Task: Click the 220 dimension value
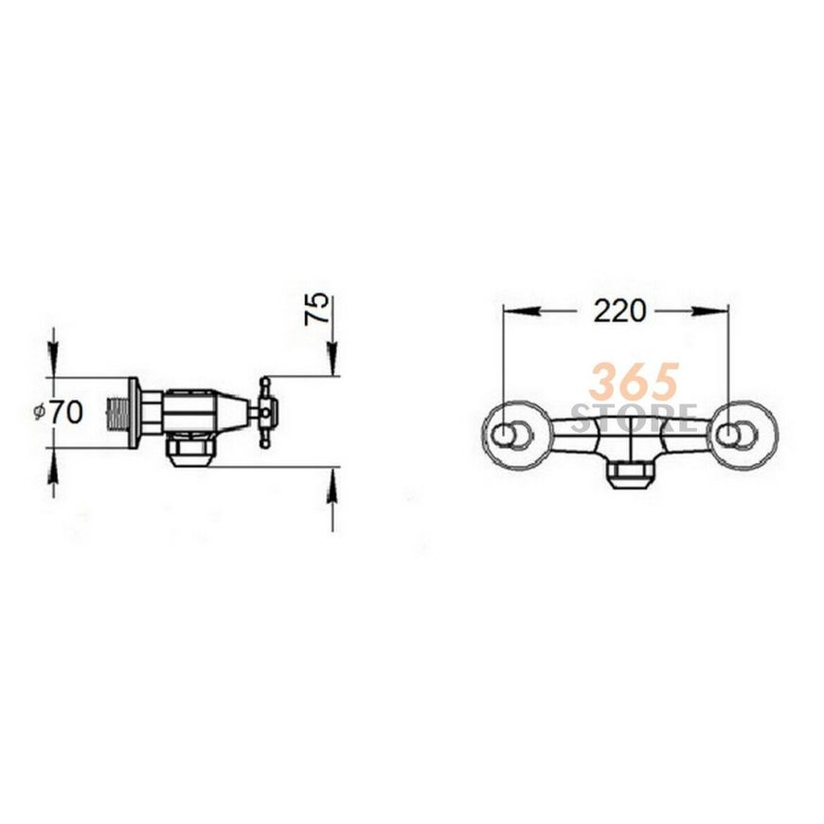pyautogui.click(x=619, y=311)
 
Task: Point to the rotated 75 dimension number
pyautogui.click(x=317, y=309)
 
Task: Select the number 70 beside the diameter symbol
pyautogui.click(x=66, y=412)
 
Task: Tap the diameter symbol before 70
pyautogui.click(x=40, y=413)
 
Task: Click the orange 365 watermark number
pyautogui.click(x=634, y=382)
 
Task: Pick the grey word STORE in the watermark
pyautogui.click(x=635, y=418)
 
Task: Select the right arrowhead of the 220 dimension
pyautogui.click(x=709, y=311)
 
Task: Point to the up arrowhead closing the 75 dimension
pyautogui.click(x=332, y=484)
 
